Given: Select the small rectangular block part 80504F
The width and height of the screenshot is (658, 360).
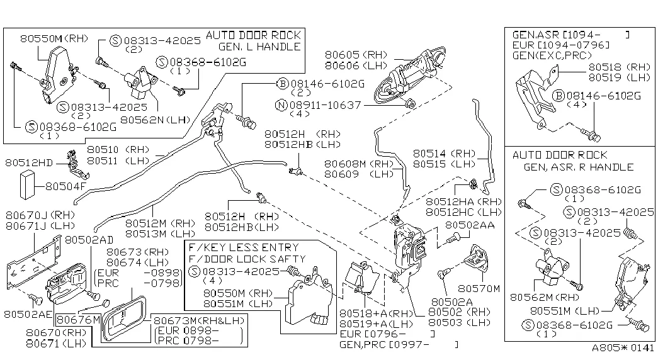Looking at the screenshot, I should click(x=28, y=186).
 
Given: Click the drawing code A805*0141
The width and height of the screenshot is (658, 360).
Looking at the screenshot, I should click(x=623, y=348).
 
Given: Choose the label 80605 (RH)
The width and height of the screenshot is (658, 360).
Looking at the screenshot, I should click(x=356, y=55).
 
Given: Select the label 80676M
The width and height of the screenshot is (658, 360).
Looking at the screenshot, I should click(x=77, y=320).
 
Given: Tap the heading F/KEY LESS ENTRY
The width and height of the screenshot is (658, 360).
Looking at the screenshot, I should click(x=243, y=247).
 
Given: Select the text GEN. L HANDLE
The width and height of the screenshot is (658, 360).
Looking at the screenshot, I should click(x=260, y=47).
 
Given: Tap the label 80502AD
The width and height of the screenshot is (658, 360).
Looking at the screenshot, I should click(x=89, y=240).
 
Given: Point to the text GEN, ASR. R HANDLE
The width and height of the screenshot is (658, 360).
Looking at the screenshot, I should click(x=578, y=167).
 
